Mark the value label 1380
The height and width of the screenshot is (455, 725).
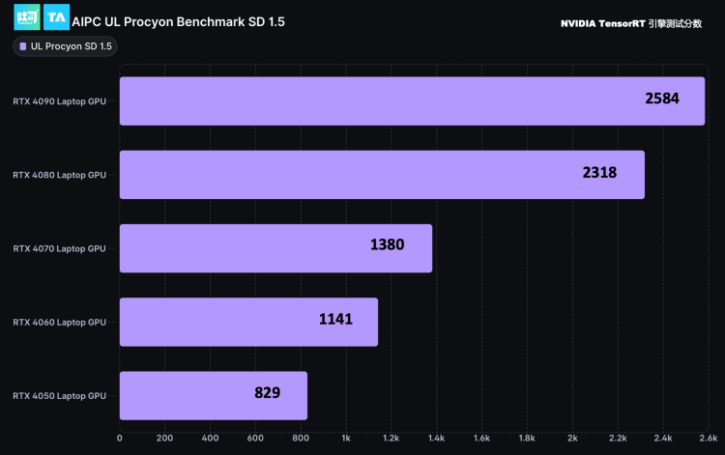pyautogui.click(x=387, y=245)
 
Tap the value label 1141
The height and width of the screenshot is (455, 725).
pyautogui.click(x=335, y=319)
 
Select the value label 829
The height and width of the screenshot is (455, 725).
pyautogui.click(x=267, y=392)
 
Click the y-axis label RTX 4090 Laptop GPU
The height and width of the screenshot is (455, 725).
pyautogui.click(x=60, y=101)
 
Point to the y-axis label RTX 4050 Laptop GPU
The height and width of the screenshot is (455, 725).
pyautogui.click(x=60, y=396)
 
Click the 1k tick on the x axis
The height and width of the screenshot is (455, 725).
pyautogui.click(x=346, y=438)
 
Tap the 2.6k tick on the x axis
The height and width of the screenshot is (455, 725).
pyautogui.click(x=708, y=438)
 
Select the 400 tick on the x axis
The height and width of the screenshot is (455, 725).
pyautogui.click(x=210, y=438)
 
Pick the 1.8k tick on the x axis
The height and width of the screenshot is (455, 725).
pyautogui.click(x=527, y=438)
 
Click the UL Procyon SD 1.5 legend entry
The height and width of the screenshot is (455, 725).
pyautogui.click(x=66, y=46)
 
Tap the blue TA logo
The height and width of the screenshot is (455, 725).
pyautogui.click(x=56, y=18)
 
